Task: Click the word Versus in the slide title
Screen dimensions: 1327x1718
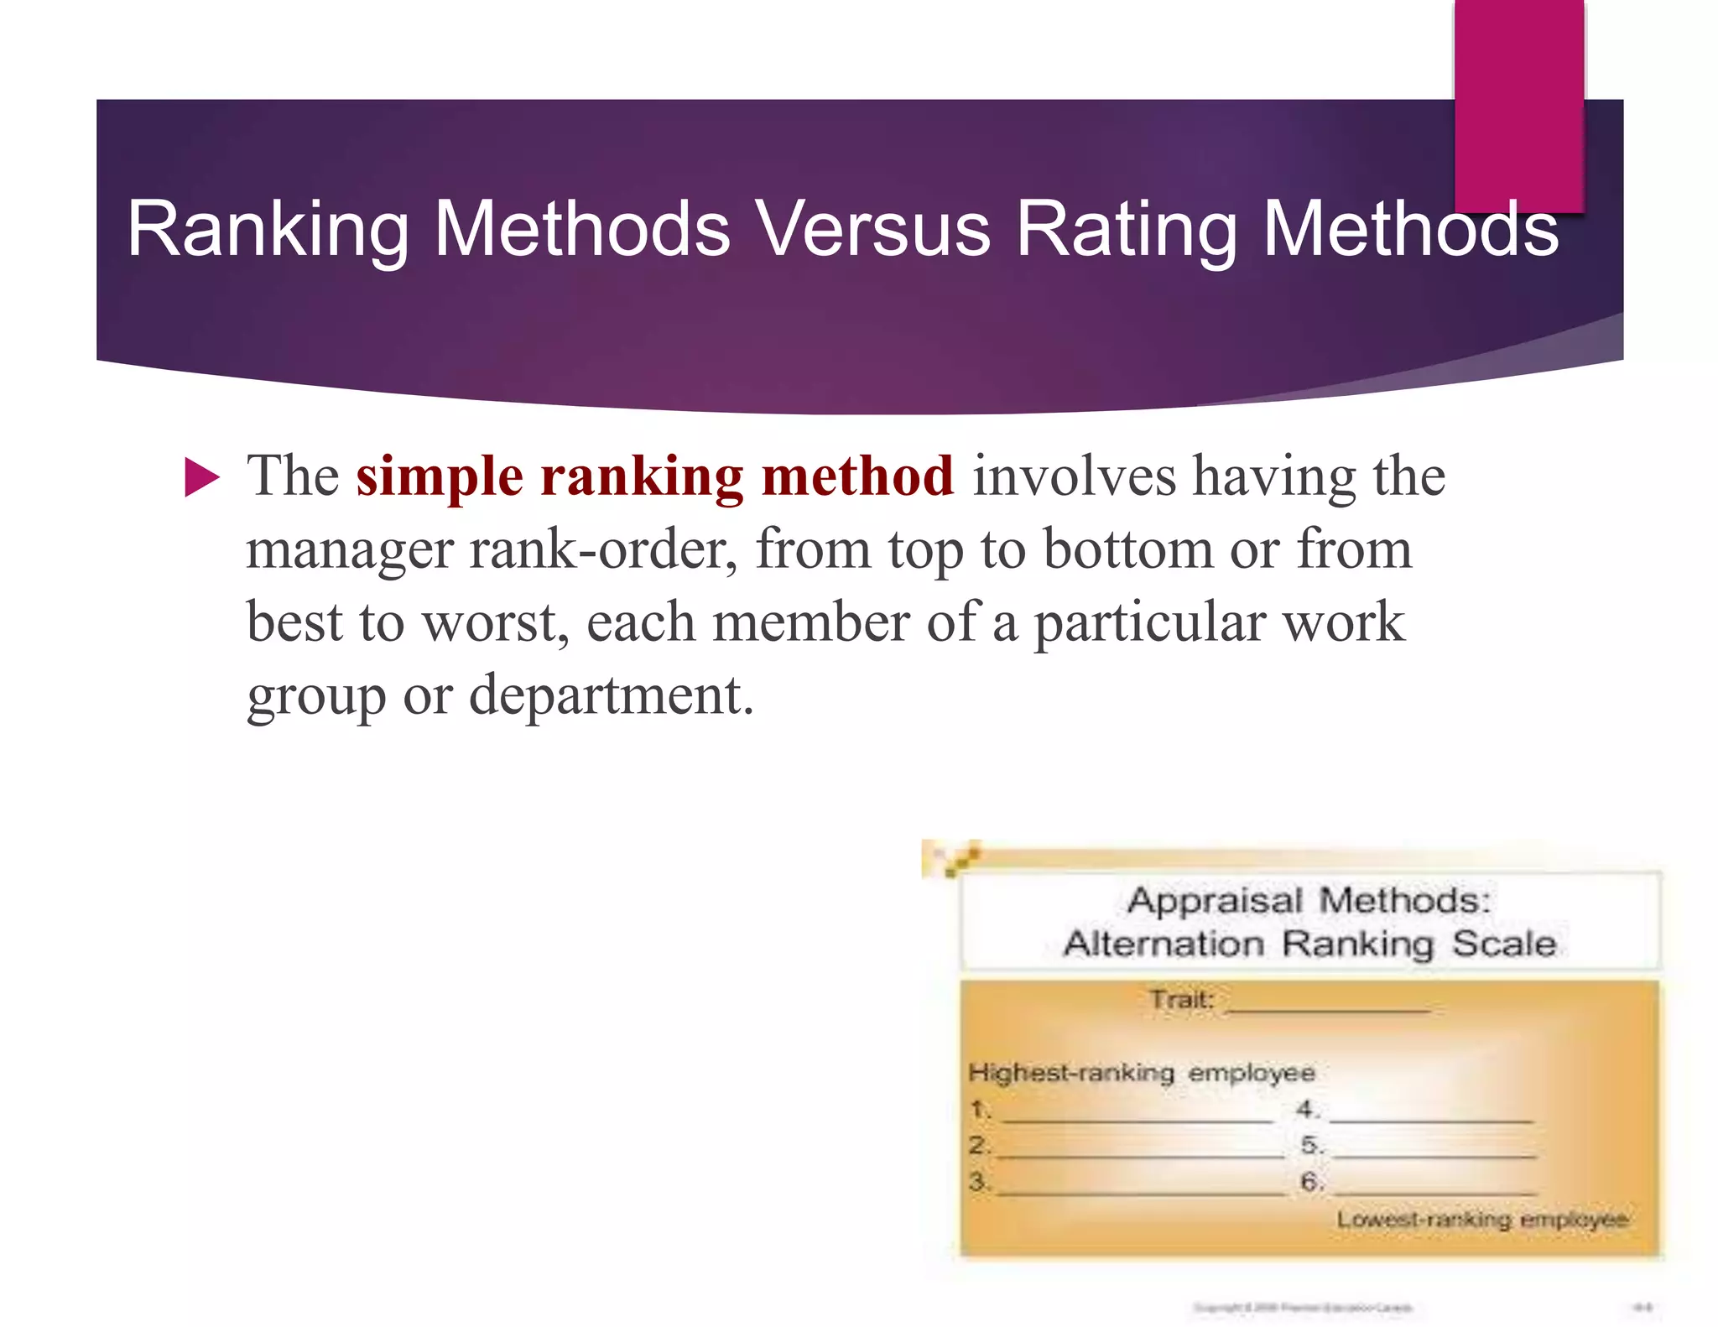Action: tap(872, 229)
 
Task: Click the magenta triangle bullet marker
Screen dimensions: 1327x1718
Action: tap(201, 477)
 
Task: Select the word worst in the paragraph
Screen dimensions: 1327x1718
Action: tap(495, 623)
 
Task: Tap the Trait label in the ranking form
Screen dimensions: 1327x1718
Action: tap(1182, 1000)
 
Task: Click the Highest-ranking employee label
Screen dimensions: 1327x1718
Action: tap(1142, 1073)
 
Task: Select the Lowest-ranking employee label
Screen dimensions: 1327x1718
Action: tap(1482, 1219)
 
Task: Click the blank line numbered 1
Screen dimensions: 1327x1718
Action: tap(1137, 1116)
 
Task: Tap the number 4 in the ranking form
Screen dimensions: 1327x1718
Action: tap(1306, 1110)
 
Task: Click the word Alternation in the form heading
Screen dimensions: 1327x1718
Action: tap(1164, 944)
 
